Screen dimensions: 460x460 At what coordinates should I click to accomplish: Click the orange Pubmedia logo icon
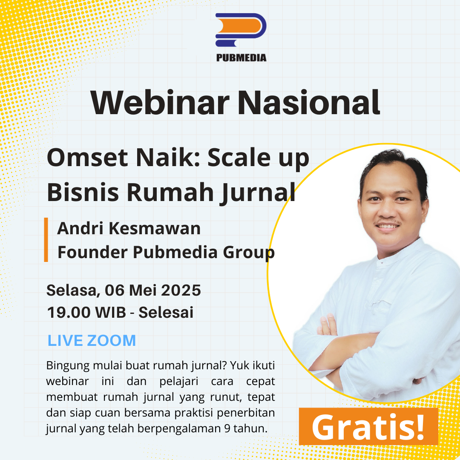pos(241,30)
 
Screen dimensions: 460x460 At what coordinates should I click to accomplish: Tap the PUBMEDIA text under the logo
pos(241,58)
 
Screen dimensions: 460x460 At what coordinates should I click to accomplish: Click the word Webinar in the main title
pos(160,103)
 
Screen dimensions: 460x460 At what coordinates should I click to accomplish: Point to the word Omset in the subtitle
pos(87,158)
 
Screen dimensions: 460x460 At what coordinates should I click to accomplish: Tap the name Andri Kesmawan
pos(129,228)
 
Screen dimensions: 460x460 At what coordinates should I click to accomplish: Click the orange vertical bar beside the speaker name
pos(46,239)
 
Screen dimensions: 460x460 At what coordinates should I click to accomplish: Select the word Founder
pos(93,252)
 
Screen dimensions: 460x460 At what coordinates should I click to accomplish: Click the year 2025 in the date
pos(181,290)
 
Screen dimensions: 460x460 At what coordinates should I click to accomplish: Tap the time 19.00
pos(69,312)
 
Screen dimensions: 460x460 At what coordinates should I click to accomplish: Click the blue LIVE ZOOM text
pos(92,341)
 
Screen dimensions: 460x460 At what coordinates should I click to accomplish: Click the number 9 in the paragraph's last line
pos(227,428)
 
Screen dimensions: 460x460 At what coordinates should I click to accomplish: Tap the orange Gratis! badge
pos(368,426)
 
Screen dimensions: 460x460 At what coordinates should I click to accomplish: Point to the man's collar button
pos(381,263)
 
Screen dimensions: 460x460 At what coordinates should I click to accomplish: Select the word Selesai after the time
pos(166,312)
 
